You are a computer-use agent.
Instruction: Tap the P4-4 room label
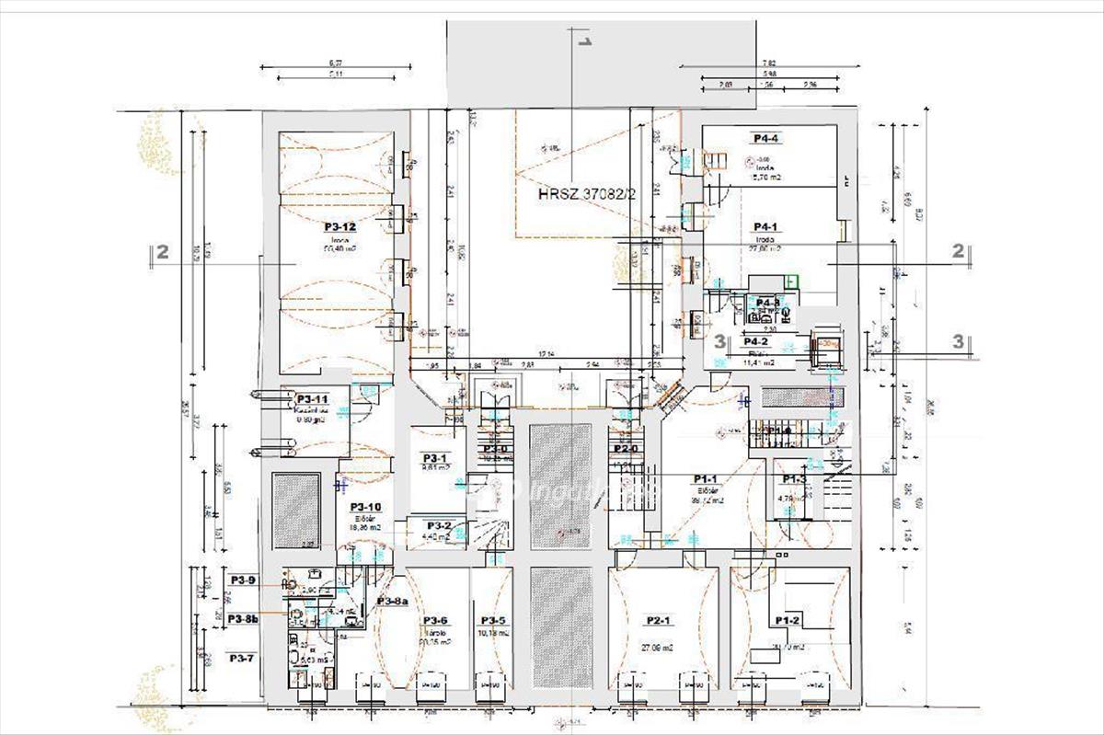(766, 138)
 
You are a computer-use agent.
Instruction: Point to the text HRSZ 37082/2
(587, 195)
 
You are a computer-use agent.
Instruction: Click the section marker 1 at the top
(583, 40)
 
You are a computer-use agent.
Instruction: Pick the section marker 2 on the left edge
(162, 252)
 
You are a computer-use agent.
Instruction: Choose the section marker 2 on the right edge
(958, 250)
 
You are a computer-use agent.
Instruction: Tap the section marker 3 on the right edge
(959, 340)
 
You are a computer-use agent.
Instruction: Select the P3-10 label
(365, 507)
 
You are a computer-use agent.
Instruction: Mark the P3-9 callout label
(243, 580)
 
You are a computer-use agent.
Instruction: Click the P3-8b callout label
(244, 619)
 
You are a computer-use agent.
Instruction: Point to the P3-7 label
(242, 658)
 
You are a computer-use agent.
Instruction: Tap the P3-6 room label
(435, 620)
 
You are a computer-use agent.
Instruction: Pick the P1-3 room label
(794, 479)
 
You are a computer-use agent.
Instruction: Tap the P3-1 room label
(434, 458)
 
